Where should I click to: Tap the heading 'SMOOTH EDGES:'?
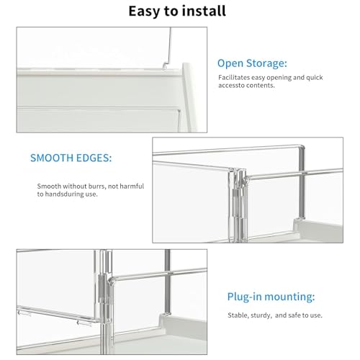pyautogui.click(x=70, y=157)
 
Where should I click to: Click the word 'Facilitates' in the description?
pyautogui.click(x=235, y=76)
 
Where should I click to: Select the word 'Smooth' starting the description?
pyautogui.click(x=50, y=186)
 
